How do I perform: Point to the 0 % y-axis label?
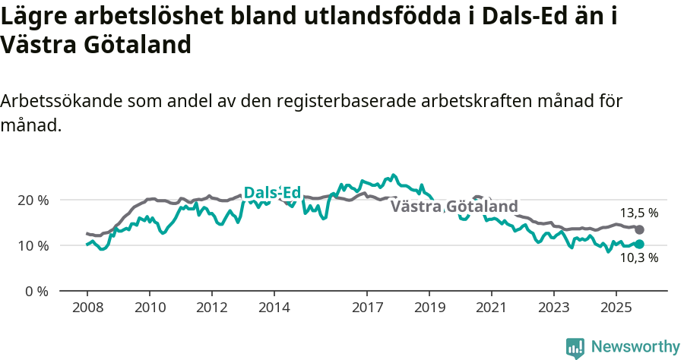37,291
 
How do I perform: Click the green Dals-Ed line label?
272,193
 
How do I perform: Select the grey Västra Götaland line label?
454,207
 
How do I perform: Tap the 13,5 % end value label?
638,213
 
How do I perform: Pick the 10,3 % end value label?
638,257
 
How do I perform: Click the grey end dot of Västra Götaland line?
639,229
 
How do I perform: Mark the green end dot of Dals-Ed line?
639,244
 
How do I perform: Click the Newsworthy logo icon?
575,347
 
